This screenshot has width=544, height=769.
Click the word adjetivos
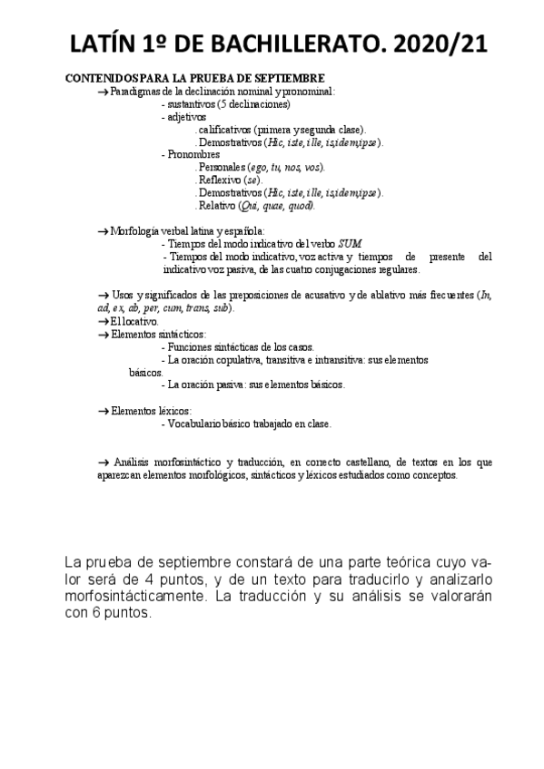(186, 117)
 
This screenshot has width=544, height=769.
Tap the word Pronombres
(194, 155)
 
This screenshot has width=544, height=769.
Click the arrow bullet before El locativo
(102, 322)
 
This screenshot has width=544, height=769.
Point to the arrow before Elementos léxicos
(102, 411)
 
